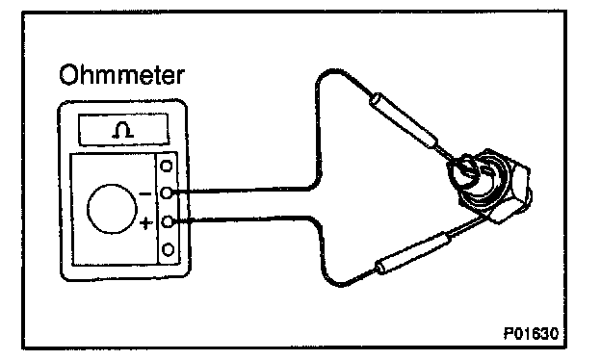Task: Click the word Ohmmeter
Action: pyautogui.click(x=122, y=75)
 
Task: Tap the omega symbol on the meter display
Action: pyautogui.click(x=123, y=130)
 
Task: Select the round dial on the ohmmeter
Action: pyautogui.click(x=112, y=209)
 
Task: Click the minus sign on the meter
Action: pyautogui.click(x=145, y=194)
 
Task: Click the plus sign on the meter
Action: pyautogui.click(x=145, y=222)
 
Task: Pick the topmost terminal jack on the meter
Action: pyautogui.click(x=167, y=167)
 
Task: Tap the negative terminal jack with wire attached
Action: pyautogui.click(x=167, y=193)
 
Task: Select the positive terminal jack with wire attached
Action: pyautogui.click(x=168, y=221)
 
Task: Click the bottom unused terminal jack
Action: pyautogui.click(x=169, y=249)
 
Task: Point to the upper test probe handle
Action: pyautogui.click(x=405, y=118)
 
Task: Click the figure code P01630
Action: pyautogui.click(x=532, y=334)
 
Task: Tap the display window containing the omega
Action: pyautogui.click(x=123, y=129)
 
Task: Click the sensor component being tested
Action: pyautogui.click(x=488, y=185)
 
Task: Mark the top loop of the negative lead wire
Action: pyautogui.click(x=332, y=73)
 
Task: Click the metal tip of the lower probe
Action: pyautogui.click(x=469, y=226)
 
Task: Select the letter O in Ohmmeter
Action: pyautogui.click(x=68, y=75)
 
